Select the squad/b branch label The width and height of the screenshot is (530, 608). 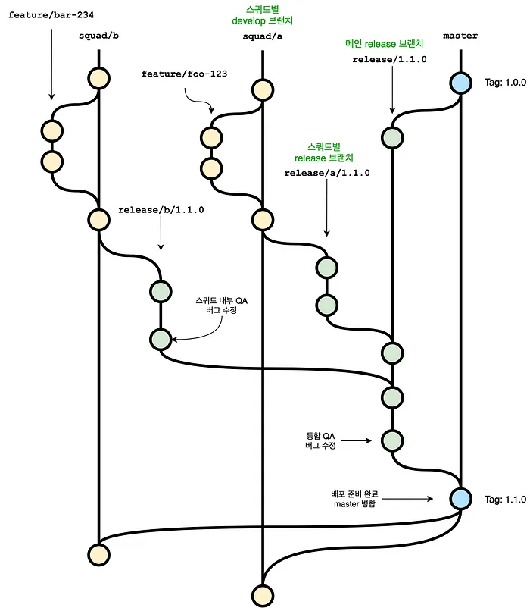coord(98,36)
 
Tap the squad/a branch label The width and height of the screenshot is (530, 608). coord(262,36)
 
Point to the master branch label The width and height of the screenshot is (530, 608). coord(460,36)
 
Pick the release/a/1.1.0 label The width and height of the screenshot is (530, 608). coord(326,173)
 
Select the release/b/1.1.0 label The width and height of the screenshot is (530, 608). coord(161,210)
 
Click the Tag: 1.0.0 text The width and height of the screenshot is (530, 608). coord(504,82)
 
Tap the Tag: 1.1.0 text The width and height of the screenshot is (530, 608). coord(504,500)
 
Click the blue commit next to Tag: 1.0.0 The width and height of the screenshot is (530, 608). coord(460,83)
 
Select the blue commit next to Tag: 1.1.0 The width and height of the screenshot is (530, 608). coord(460,498)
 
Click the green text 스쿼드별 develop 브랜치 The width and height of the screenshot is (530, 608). coord(262,15)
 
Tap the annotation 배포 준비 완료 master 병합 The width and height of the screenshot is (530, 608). coord(348,499)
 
